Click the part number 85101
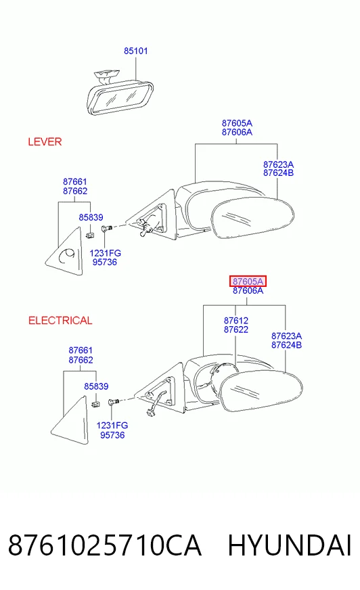pos(136,51)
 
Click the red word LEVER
pos(45,142)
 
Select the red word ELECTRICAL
pos(60,321)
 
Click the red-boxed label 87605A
pos(248,281)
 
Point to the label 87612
pos(236,321)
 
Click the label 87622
pos(236,330)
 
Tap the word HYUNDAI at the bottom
pos(290,545)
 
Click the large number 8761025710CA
pos(105,545)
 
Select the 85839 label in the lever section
pos(91,217)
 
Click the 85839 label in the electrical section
pos(96,386)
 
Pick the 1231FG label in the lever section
pos(106,253)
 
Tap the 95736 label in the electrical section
pos(112,435)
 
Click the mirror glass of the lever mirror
pos(252,219)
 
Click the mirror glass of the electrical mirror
pos(261,390)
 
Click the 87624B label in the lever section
pos(278,173)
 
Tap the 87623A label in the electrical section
pos(286,336)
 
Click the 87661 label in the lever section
pos(75,182)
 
